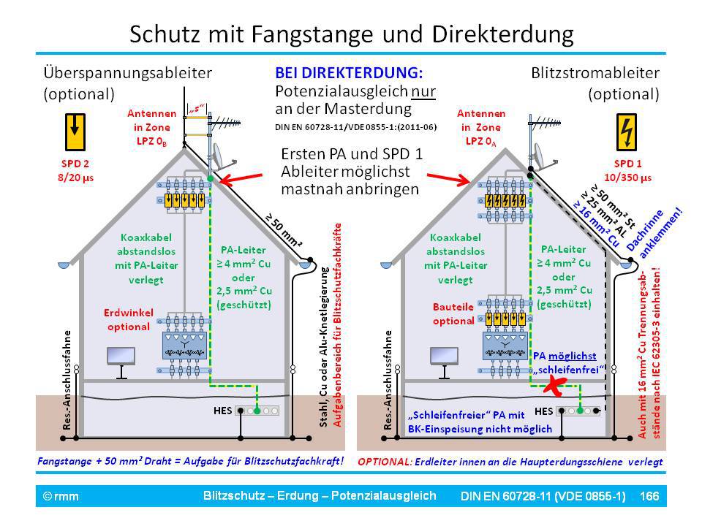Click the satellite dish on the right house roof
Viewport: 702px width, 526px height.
tap(542, 154)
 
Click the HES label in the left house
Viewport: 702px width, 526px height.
tap(222, 410)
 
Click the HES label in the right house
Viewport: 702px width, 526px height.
tap(544, 410)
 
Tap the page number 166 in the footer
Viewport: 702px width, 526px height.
tap(649, 496)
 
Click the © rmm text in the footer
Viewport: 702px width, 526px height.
tap(61, 496)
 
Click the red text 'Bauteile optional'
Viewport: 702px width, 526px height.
tap(453, 313)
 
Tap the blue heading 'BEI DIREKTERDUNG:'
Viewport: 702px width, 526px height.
tap(349, 74)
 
